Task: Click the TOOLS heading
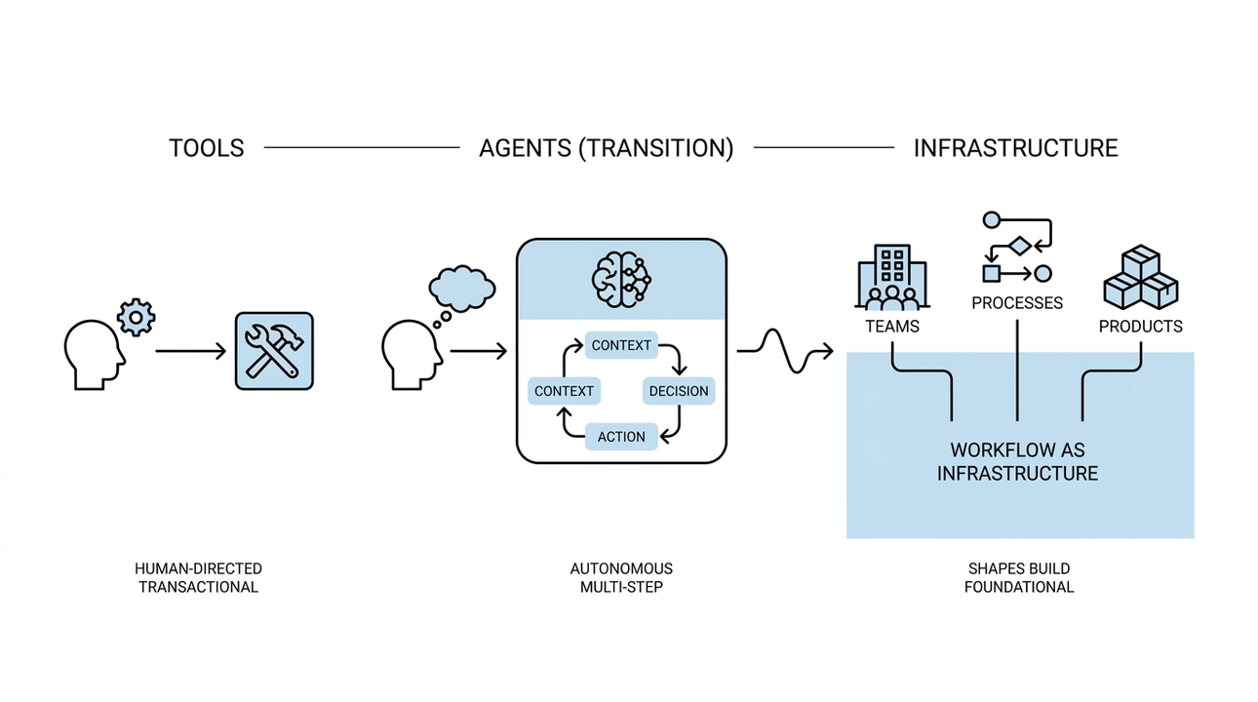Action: coord(206,148)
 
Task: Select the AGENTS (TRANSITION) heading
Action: coord(606,148)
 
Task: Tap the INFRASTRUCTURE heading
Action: coord(1015,148)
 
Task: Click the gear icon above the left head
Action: coord(136,318)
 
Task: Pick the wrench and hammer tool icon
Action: coord(274,351)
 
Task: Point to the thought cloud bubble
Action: coord(462,288)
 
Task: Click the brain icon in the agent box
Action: coord(621,277)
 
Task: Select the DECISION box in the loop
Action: coord(679,391)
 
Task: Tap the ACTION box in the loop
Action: coord(621,436)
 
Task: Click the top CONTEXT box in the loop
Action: coord(621,345)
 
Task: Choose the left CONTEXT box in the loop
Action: coord(564,391)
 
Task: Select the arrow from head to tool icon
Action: coord(190,350)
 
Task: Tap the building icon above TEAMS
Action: coord(891,278)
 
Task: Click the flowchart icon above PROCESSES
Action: coord(1017,247)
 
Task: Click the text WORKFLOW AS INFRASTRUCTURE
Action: coord(1017,462)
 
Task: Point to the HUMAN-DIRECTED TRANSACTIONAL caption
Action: coord(198,577)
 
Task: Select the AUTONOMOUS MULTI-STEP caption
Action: coord(621,577)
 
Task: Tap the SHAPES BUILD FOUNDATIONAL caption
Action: coord(1018,577)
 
